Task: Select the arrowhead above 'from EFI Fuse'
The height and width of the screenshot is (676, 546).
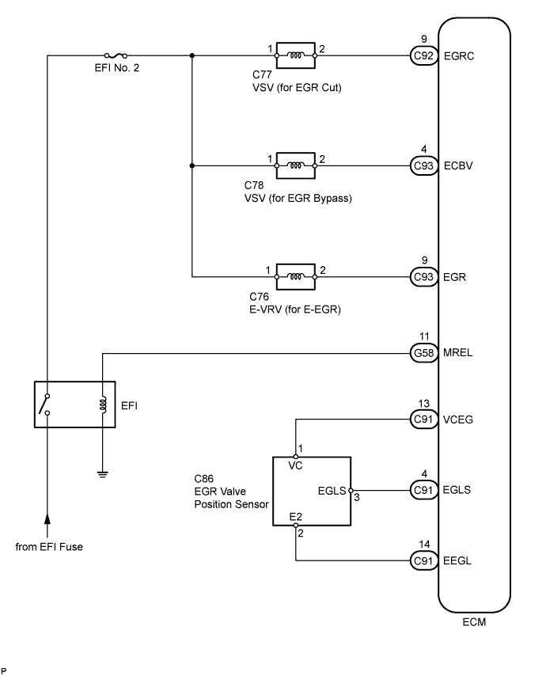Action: point(47,518)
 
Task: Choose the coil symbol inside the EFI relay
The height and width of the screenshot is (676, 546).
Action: point(102,404)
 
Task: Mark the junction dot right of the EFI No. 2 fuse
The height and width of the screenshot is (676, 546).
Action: point(192,55)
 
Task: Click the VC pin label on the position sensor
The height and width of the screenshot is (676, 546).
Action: point(295,466)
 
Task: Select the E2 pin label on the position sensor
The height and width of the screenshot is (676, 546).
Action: point(295,515)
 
